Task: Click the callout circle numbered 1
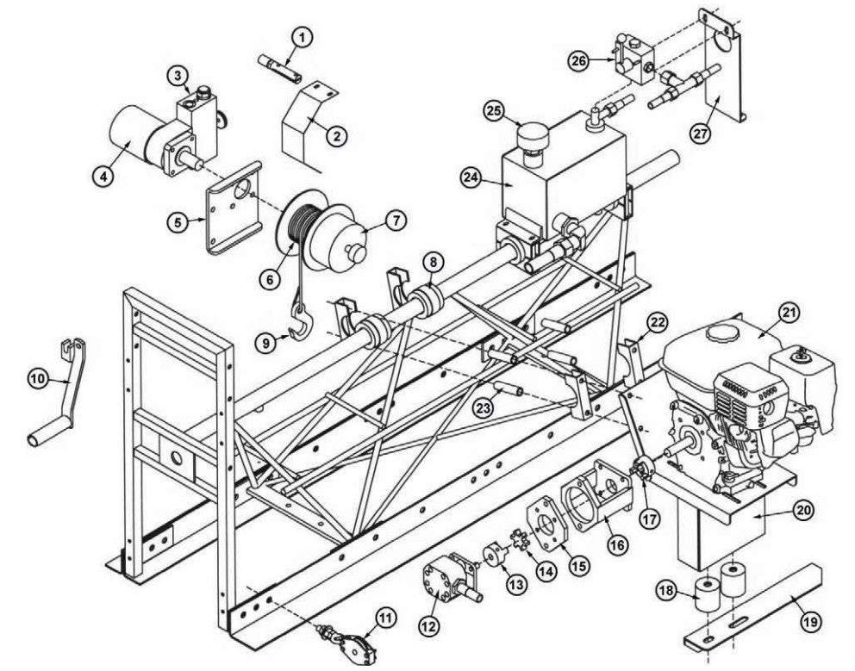[x=303, y=36]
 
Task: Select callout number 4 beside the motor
[x=103, y=176]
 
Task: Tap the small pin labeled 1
[x=278, y=66]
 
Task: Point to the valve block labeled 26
[x=635, y=59]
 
